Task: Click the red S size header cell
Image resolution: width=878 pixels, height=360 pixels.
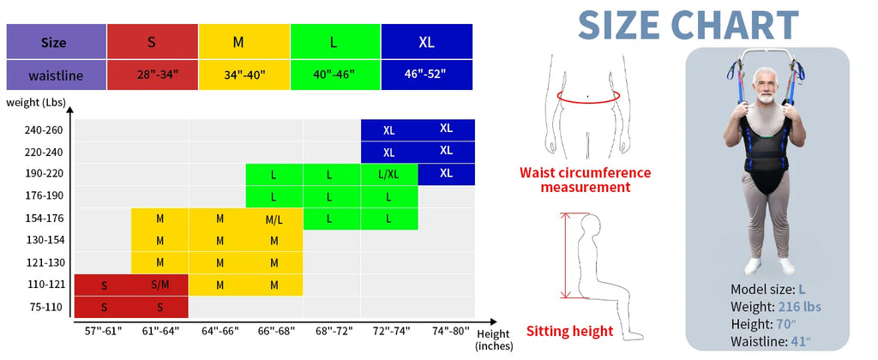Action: pyautogui.click(x=153, y=41)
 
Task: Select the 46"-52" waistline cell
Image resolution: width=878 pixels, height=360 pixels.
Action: pyautogui.click(x=427, y=75)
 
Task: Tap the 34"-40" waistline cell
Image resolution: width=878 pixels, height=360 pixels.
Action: pyautogui.click(x=244, y=75)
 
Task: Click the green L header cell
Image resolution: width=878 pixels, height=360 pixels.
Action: pyautogui.click(x=335, y=41)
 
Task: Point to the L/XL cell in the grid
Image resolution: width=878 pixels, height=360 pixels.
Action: pyautogui.click(x=389, y=174)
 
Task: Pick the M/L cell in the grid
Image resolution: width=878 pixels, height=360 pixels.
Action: pyautogui.click(x=274, y=219)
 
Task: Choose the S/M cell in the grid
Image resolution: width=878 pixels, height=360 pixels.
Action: pyautogui.click(x=160, y=285)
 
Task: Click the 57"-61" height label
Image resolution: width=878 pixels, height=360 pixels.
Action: pyautogui.click(x=103, y=331)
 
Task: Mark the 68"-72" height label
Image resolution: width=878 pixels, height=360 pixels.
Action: pyautogui.click(x=334, y=331)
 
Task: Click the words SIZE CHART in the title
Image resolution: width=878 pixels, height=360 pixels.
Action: pyautogui.click(x=689, y=25)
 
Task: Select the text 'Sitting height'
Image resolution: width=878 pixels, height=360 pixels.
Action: pyautogui.click(x=570, y=332)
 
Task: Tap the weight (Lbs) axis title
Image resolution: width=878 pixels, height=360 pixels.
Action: pyautogui.click(x=36, y=103)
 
